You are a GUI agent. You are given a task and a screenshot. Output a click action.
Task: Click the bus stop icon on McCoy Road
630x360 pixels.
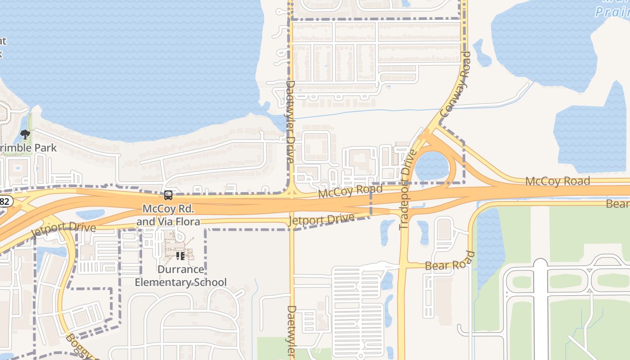[x=168, y=195]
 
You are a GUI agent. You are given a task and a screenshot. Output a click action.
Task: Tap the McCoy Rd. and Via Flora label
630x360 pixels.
[x=168, y=215]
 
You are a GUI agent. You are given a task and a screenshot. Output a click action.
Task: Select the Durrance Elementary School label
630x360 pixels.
[x=181, y=276]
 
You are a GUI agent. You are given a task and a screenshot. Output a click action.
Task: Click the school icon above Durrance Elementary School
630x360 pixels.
[x=180, y=256]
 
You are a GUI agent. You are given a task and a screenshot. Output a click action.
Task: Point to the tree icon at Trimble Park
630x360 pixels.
[x=25, y=134]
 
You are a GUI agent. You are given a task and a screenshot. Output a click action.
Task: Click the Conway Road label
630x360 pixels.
[x=455, y=85]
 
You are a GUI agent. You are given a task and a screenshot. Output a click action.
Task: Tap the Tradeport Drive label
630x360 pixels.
[x=407, y=189]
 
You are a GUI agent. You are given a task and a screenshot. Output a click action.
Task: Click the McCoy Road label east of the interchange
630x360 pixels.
[x=557, y=181]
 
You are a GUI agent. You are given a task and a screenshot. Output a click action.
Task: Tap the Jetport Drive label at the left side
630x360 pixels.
[x=63, y=230]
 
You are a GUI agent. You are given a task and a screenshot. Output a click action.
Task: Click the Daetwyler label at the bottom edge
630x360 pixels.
[x=292, y=332]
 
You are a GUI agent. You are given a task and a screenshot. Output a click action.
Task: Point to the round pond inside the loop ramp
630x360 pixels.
[x=432, y=166]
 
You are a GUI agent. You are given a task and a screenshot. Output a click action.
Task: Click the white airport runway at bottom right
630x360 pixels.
[x=540, y=310]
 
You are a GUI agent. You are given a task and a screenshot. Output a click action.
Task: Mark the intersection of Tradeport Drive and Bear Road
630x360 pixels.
[x=403, y=266]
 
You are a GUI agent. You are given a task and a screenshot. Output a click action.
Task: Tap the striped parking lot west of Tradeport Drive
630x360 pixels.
[x=358, y=310]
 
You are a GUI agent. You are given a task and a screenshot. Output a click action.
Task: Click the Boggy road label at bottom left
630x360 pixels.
[x=76, y=346]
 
